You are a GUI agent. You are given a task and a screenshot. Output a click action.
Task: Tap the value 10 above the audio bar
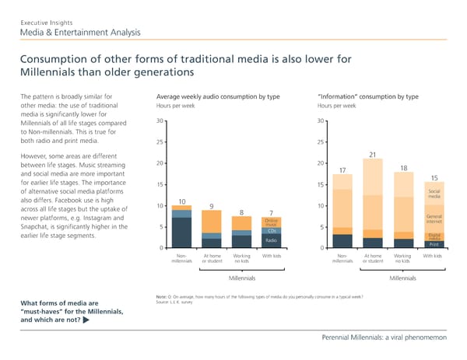(x=181, y=201)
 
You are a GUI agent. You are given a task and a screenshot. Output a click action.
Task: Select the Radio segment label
(x=272, y=240)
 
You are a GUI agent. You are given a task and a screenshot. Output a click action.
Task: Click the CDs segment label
(x=272, y=231)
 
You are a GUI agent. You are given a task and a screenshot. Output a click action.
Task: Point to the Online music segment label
(x=272, y=222)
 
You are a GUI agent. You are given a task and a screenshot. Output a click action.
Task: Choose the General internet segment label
(x=434, y=219)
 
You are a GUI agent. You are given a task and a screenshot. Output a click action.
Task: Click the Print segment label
(x=434, y=245)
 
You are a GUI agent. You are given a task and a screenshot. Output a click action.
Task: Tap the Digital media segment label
(x=434, y=236)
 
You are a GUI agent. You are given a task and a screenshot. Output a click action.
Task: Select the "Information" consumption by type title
(x=368, y=96)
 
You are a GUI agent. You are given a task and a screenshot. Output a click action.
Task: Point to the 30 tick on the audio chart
(x=160, y=120)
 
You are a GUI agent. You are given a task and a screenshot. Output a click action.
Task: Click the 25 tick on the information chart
(x=321, y=142)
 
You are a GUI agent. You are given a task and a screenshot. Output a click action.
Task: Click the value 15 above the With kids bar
(x=434, y=178)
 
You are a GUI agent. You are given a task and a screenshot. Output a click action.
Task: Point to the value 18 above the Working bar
(x=403, y=168)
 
